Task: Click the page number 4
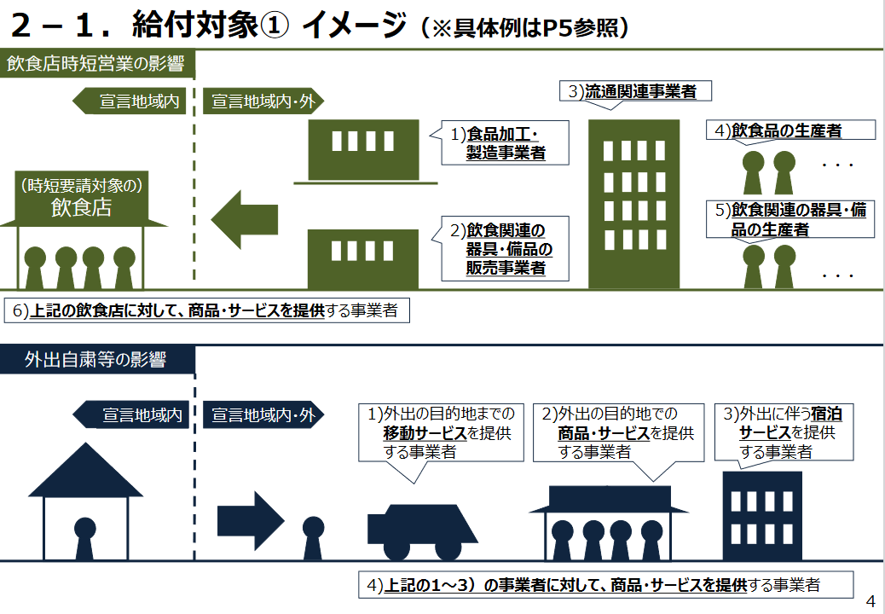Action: (870, 600)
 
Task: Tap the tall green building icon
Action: (634, 204)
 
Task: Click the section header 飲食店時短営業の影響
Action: (98, 64)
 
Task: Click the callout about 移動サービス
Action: (441, 433)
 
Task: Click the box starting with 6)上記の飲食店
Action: (206, 310)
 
